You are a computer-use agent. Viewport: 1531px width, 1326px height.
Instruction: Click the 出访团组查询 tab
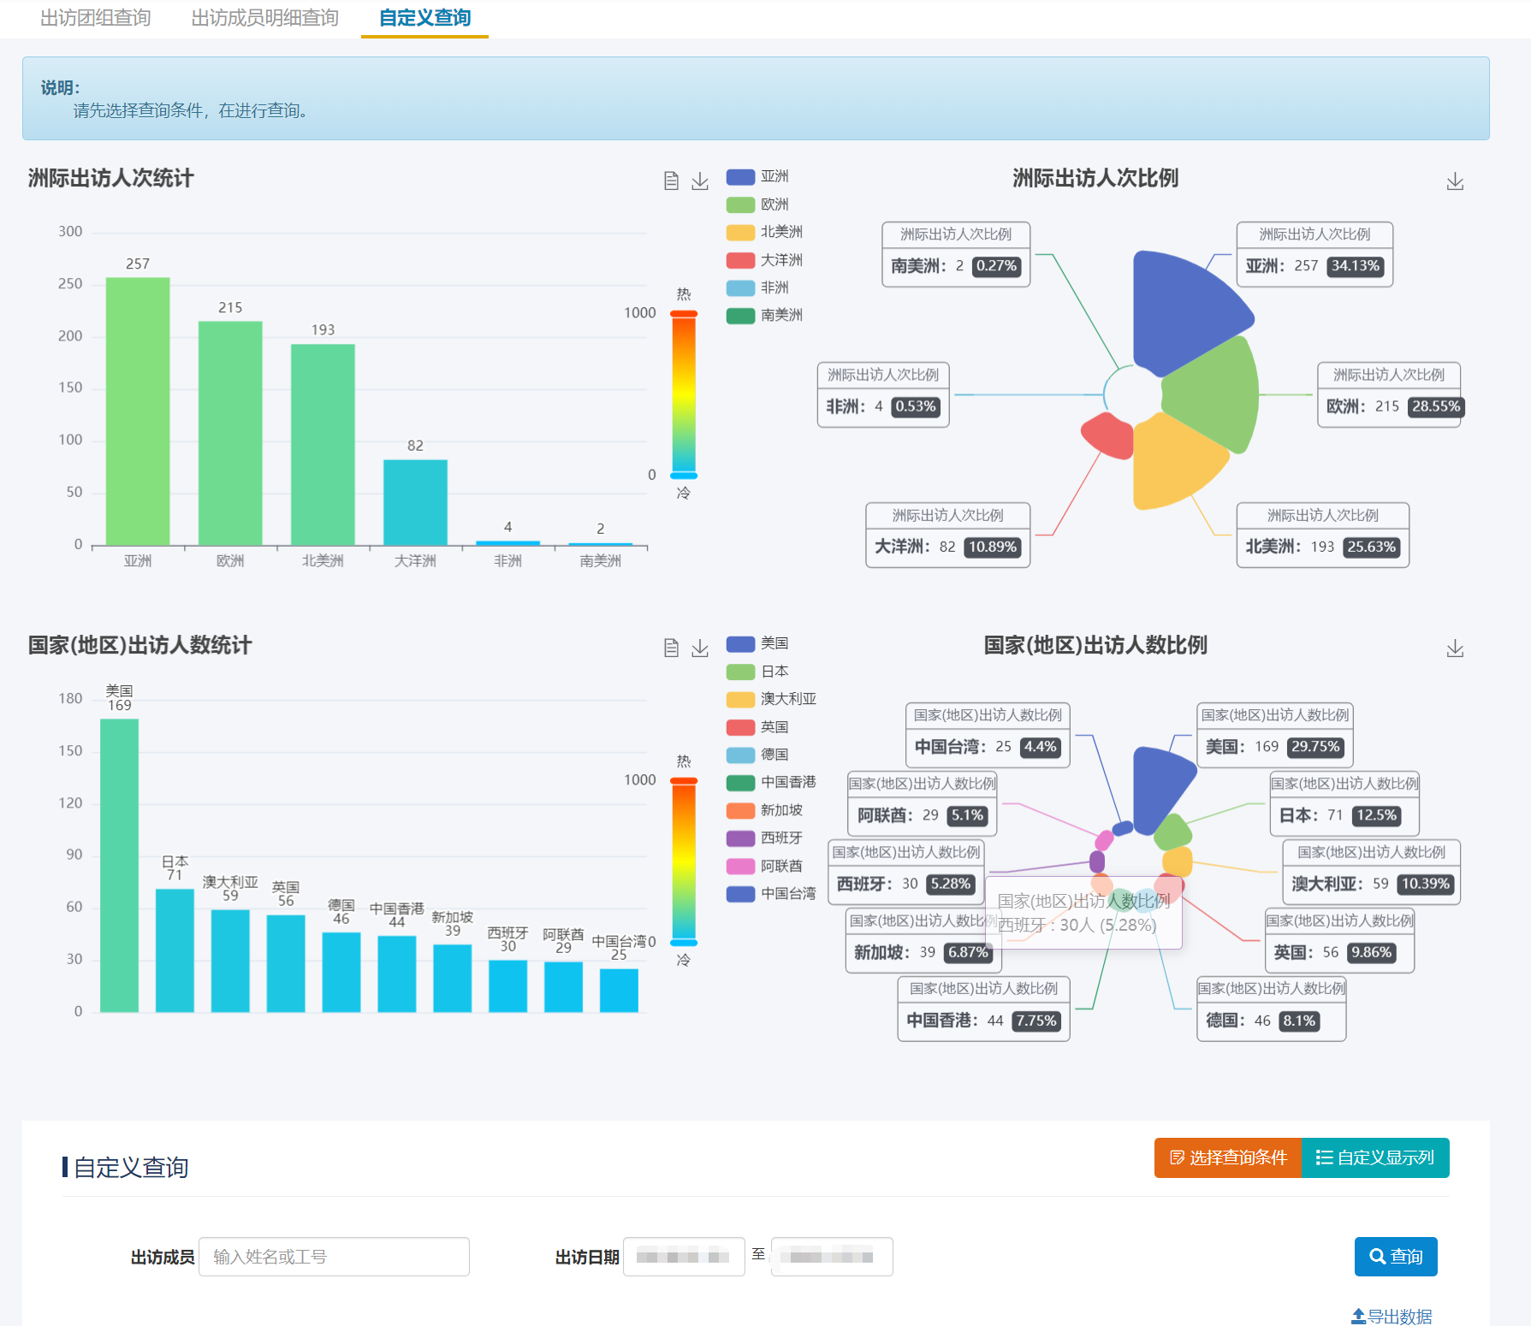pyautogui.click(x=95, y=18)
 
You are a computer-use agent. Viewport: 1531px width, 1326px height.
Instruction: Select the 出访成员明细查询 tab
pyautogui.click(x=264, y=18)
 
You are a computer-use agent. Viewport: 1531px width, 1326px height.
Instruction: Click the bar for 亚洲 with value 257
pyautogui.click(x=138, y=411)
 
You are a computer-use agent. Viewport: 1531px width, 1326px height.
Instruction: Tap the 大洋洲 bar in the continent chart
pyautogui.click(x=415, y=502)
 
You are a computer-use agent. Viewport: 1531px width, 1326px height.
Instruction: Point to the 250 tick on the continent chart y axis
pyautogui.click(x=70, y=284)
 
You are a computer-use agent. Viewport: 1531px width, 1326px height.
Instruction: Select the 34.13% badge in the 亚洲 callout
pyautogui.click(x=1355, y=266)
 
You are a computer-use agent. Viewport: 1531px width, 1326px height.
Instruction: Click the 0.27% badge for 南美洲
pyautogui.click(x=996, y=266)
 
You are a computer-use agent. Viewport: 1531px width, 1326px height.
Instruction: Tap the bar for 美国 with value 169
pyautogui.click(x=119, y=864)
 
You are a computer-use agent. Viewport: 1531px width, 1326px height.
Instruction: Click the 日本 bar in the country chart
pyautogui.click(x=175, y=950)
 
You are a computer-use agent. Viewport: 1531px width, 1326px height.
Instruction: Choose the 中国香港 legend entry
pyautogui.click(x=771, y=782)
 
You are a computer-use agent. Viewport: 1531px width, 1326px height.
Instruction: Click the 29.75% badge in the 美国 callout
pyautogui.click(x=1314, y=747)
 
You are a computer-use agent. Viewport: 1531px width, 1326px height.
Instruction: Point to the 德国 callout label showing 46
pyautogui.click(x=1270, y=1020)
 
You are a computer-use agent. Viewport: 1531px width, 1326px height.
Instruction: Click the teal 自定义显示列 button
pyautogui.click(x=1375, y=1157)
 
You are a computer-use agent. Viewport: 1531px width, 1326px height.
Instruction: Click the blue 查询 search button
pyautogui.click(x=1395, y=1256)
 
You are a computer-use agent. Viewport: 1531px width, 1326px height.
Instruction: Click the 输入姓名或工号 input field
pyautogui.click(x=334, y=1256)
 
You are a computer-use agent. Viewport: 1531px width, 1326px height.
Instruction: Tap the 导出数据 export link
pyautogui.click(x=1392, y=1317)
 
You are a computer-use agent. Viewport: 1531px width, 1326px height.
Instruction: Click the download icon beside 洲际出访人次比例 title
pyautogui.click(x=1454, y=181)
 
